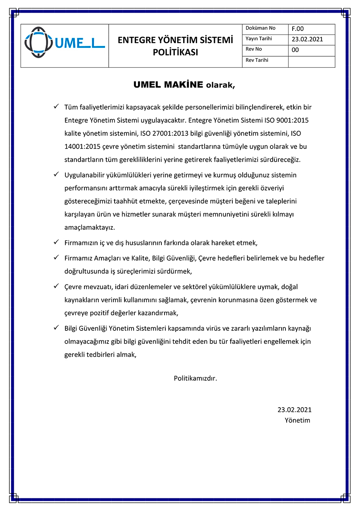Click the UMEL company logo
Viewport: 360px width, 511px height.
click(65, 43)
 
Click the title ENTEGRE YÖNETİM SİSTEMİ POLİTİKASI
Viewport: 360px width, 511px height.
click(175, 46)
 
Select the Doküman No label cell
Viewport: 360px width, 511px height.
click(260, 29)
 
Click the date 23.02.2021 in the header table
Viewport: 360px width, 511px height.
click(307, 39)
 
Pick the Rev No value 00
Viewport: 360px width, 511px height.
click(295, 50)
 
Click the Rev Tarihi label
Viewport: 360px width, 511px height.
click(257, 60)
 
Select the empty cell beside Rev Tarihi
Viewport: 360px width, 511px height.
click(311, 61)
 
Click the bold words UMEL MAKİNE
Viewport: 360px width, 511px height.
click(168, 85)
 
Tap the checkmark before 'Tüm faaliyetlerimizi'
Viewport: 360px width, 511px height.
click(56, 107)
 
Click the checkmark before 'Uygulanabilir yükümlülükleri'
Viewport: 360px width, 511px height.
click(56, 174)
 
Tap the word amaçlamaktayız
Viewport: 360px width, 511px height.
click(90, 228)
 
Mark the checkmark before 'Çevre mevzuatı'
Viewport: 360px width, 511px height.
click(56, 286)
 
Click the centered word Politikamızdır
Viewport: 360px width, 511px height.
click(195, 378)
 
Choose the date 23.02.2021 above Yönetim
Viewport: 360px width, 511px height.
click(294, 410)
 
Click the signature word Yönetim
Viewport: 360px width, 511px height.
click(297, 420)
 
